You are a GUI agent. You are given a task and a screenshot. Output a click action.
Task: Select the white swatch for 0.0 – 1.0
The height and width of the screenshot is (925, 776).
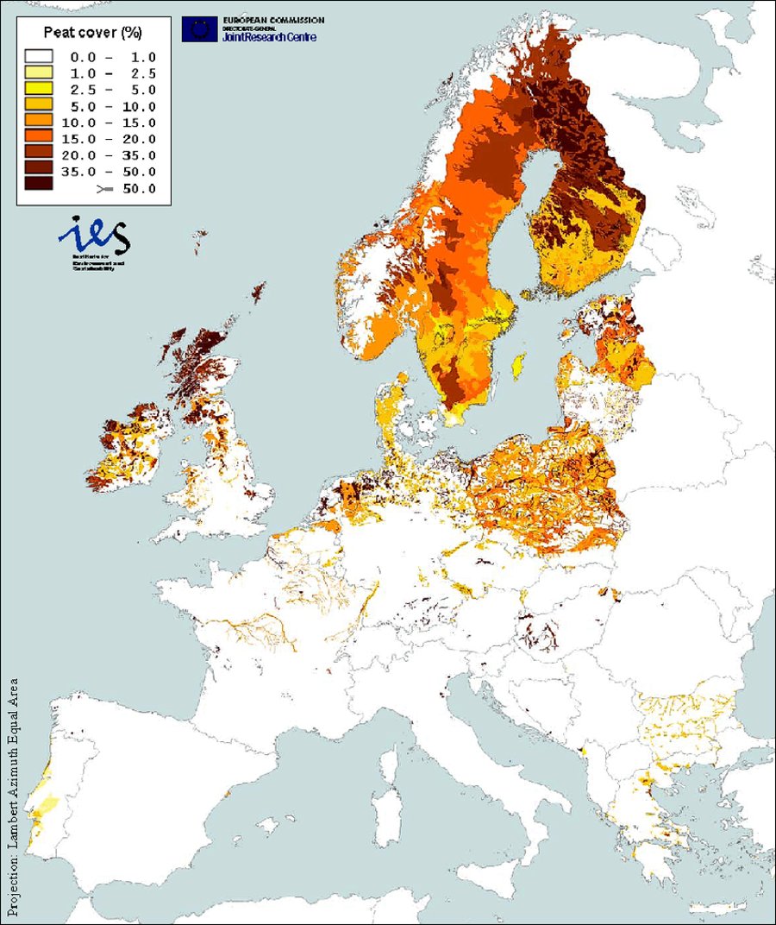pyautogui.click(x=39, y=56)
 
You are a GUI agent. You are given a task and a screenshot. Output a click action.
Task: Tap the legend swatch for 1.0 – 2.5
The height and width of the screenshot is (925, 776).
pyautogui.click(x=39, y=72)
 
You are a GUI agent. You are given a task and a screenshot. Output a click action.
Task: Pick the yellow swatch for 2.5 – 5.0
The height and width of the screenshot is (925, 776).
pyautogui.click(x=39, y=89)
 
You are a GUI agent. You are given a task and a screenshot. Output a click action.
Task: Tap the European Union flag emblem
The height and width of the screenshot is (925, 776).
pyautogui.click(x=199, y=29)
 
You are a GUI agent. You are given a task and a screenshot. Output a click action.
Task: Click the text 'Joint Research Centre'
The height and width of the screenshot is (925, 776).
pyautogui.click(x=269, y=37)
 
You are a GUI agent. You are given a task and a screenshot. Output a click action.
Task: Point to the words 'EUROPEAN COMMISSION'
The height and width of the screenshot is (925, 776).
pyautogui.click(x=275, y=20)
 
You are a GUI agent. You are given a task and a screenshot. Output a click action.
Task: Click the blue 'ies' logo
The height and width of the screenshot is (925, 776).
pyautogui.click(x=93, y=235)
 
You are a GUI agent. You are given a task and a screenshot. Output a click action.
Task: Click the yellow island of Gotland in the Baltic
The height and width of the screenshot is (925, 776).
pyautogui.click(x=519, y=367)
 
